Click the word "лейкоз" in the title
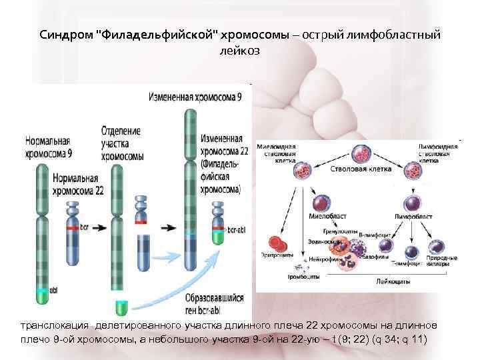click(x=239, y=50)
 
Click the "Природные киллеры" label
click(x=445, y=261)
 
